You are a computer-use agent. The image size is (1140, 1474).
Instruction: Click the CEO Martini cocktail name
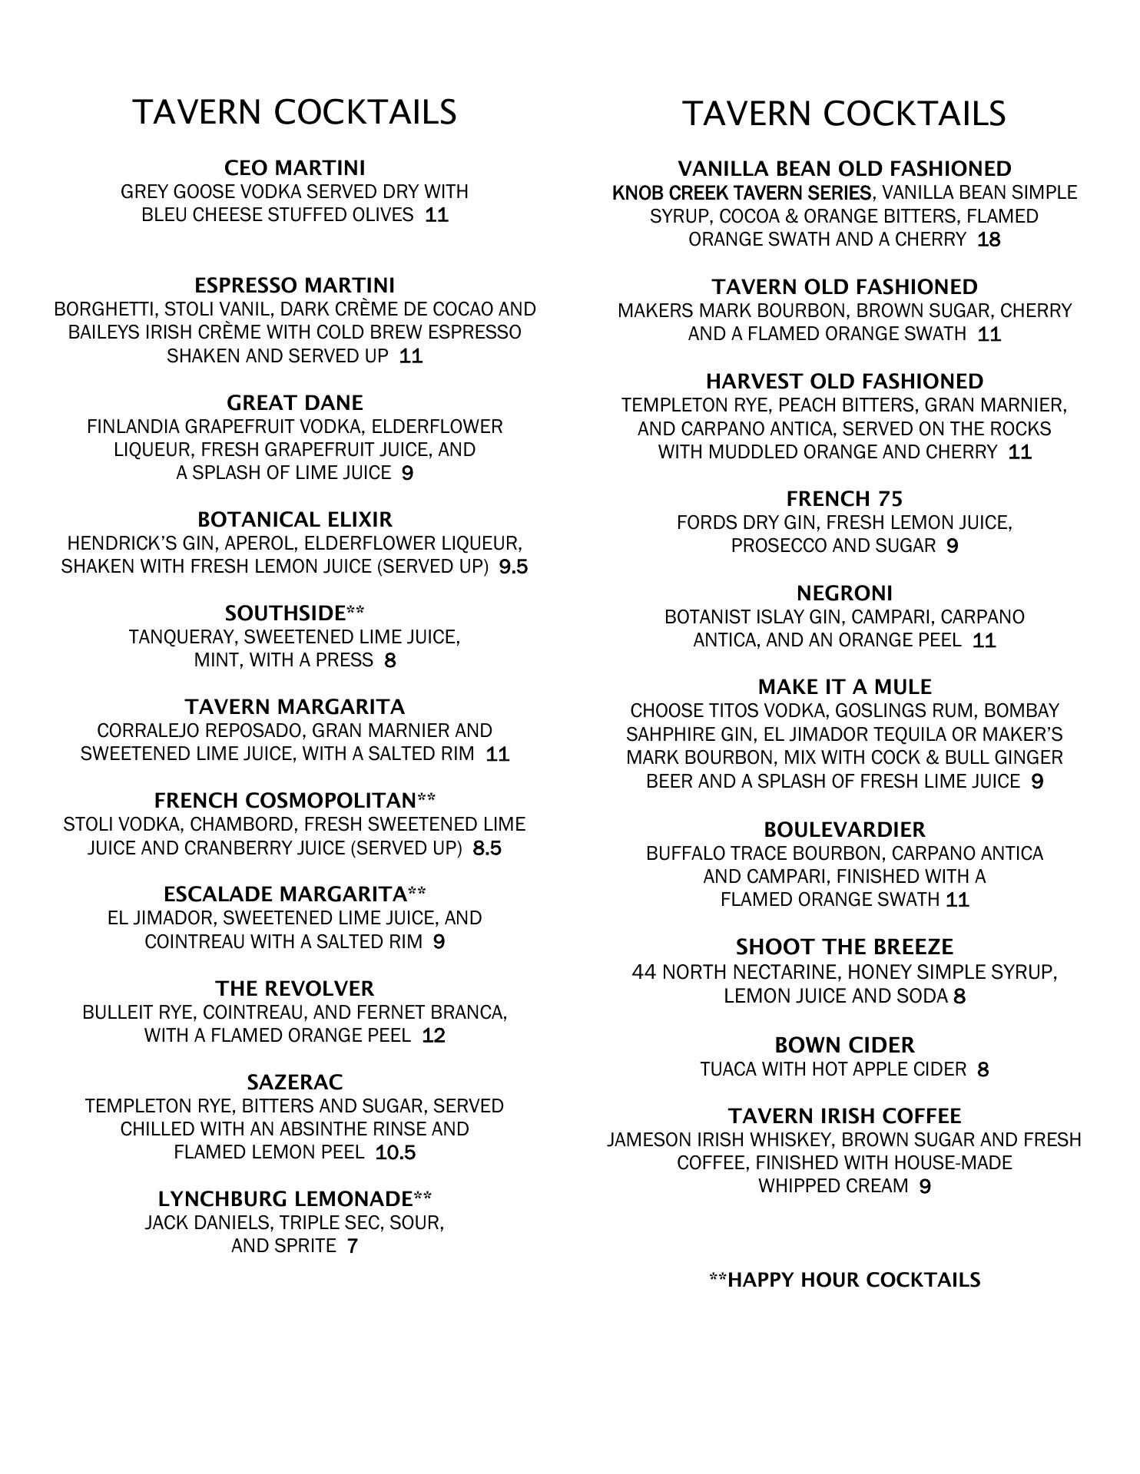click(x=294, y=167)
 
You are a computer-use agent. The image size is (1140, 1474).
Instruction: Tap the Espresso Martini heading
click(x=294, y=286)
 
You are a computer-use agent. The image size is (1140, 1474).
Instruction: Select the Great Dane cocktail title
click(x=294, y=402)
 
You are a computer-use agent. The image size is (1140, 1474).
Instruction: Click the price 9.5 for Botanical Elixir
click(x=513, y=567)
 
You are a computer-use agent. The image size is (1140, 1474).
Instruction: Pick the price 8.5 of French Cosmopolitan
click(x=487, y=848)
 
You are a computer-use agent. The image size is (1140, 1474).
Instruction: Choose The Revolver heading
click(x=294, y=988)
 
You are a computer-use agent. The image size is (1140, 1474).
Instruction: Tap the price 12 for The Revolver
click(x=433, y=1036)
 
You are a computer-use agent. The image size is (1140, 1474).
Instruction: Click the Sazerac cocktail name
click(x=294, y=1082)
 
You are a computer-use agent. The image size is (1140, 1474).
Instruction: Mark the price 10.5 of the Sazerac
click(x=395, y=1152)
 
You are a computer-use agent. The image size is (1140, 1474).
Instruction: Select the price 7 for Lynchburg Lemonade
click(x=352, y=1246)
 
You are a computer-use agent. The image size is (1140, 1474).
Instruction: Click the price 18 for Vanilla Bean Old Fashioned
click(x=989, y=240)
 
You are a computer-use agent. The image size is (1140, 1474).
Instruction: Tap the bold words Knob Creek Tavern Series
click(x=742, y=193)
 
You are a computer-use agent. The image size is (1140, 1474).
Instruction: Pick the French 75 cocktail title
click(x=844, y=499)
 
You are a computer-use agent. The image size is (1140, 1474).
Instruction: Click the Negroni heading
click(x=844, y=593)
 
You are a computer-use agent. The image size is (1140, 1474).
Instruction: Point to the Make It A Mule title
click(x=844, y=686)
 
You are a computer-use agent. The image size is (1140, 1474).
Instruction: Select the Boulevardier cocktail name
click(x=844, y=830)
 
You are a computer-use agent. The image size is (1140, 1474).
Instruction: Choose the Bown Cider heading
click(x=844, y=1045)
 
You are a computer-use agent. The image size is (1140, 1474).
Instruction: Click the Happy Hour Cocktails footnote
click(x=844, y=1280)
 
